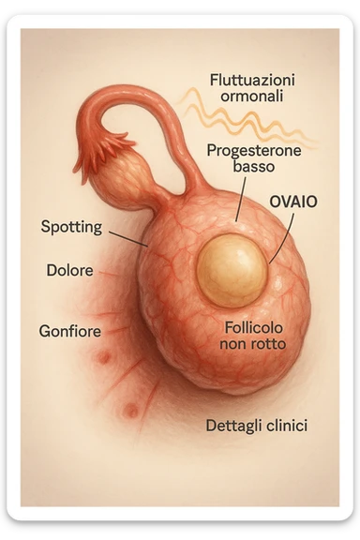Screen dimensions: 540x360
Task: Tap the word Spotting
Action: pos(72,226)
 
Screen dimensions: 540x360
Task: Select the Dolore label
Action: pos(69,271)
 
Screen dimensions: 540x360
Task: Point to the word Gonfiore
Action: pos(70,331)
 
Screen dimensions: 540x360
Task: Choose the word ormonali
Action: pos(248,96)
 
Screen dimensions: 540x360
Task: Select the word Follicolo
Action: pos(255,328)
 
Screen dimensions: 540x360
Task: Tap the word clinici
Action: pos(287,426)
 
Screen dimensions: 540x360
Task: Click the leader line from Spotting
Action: pos(127,235)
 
